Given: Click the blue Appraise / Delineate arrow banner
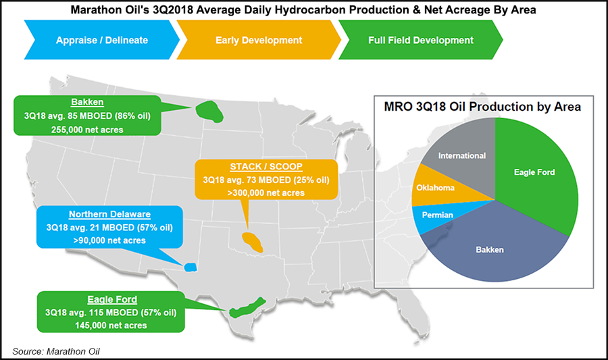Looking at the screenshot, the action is click(x=101, y=40).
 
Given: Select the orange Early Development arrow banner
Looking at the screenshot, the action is click(x=259, y=40).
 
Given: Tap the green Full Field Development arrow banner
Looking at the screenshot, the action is click(x=421, y=40).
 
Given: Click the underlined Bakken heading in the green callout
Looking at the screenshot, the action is click(x=87, y=102).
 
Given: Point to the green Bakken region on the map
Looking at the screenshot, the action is click(x=209, y=111).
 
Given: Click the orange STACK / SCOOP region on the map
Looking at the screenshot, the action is click(x=252, y=242).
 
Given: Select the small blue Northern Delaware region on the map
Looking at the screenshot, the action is click(x=190, y=267).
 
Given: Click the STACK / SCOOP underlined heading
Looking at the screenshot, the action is click(x=266, y=167).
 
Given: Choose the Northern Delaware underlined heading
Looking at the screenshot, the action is click(x=109, y=214).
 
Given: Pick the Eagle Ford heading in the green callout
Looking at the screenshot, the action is click(x=112, y=299).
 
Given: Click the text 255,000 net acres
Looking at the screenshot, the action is click(x=87, y=130).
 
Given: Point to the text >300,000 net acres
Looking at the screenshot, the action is click(x=266, y=193).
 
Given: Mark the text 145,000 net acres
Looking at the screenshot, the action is click(x=111, y=326).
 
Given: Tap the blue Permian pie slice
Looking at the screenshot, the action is click(x=438, y=215).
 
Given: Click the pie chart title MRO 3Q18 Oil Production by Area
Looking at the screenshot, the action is click(x=482, y=107).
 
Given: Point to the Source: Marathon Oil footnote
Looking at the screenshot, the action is click(x=56, y=351).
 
